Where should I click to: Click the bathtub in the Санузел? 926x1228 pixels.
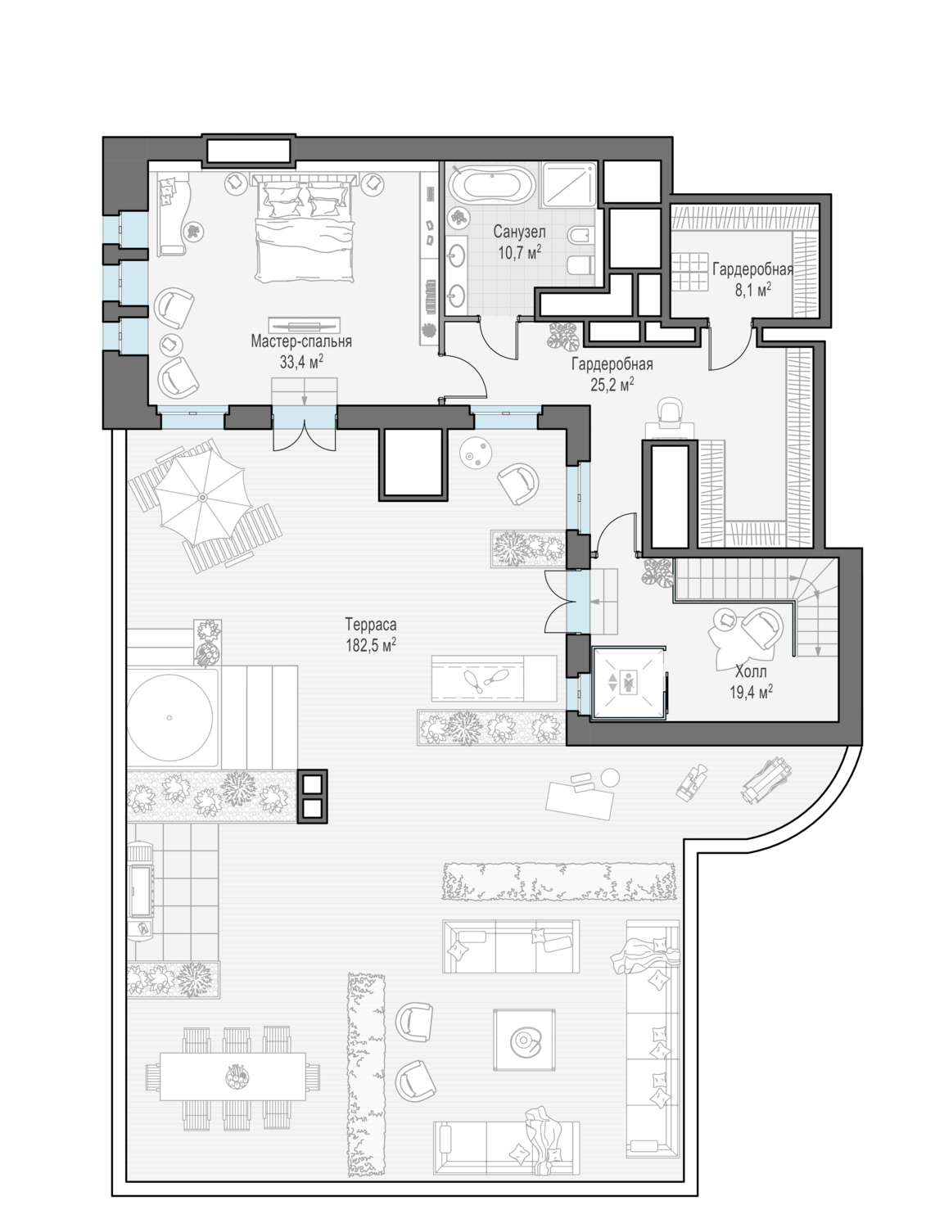tap(490, 183)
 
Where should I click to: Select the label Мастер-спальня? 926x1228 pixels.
tap(301, 341)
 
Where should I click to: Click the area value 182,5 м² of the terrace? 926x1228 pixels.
tap(371, 646)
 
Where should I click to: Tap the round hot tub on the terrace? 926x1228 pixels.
tap(169, 718)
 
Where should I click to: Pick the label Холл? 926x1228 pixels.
tap(751, 671)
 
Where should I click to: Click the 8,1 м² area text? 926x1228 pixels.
tap(753, 290)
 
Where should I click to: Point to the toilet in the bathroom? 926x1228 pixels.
tap(580, 266)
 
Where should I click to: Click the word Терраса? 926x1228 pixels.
tap(371, 624)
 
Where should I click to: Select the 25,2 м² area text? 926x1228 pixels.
tap(612, 384)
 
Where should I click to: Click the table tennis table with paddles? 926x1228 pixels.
tap(494, 679)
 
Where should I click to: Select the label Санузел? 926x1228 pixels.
tap(519, 231)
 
